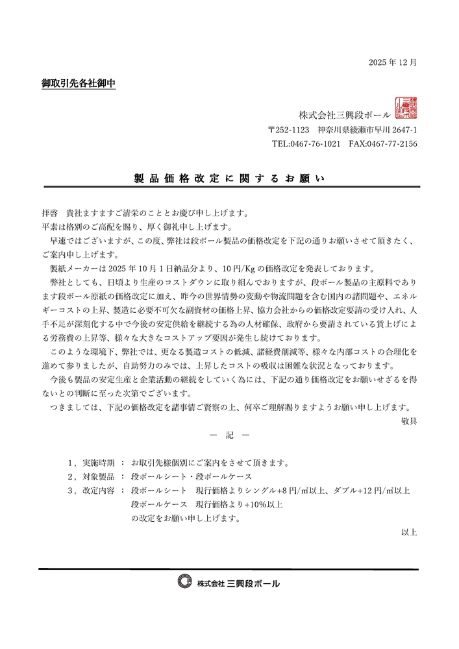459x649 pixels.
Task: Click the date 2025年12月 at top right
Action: (x=392, y=63)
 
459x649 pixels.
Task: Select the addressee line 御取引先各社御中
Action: (x=79, y=84)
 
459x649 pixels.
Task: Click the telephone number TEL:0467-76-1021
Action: (x=306, y=144)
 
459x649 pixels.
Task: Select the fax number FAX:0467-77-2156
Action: (x=383, y=144)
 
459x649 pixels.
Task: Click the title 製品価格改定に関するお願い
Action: (x=229, y=178)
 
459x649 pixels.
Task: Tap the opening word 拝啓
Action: (x=49, y=213)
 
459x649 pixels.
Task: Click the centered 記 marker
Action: (x=229, y=435)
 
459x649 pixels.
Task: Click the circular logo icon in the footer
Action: (x=186, y=582)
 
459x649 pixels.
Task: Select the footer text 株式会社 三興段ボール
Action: (x=239, y=583)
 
